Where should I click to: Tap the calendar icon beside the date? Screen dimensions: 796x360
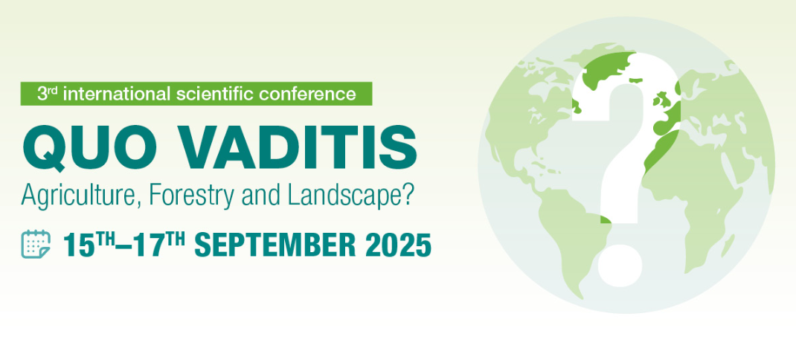pos(36,244)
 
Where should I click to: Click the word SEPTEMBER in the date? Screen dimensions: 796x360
pos(275,245)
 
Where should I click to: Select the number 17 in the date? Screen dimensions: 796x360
pos(150,245)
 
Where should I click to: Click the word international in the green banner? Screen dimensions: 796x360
pos(116,94)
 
